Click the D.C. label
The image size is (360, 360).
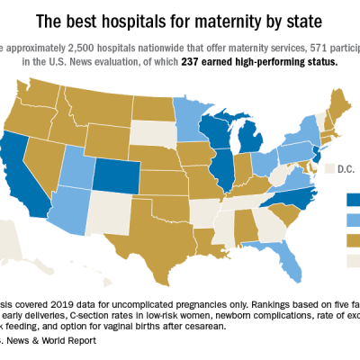point(342,168)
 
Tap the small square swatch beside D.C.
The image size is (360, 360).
point(328,168)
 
